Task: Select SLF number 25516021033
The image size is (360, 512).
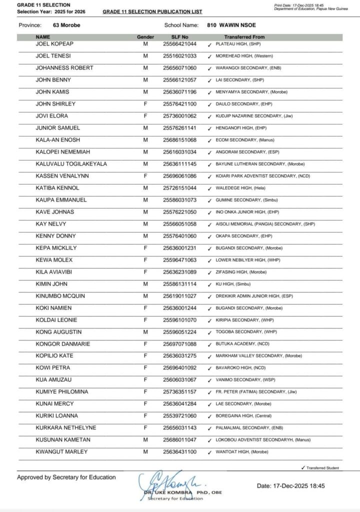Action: [x=179, y=56]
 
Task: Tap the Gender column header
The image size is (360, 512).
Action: [x=145, y=37]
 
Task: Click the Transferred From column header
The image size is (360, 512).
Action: [x=244, y=37]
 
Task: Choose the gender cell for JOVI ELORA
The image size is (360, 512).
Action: [x=145, y=116]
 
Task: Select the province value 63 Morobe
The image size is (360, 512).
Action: [x=66, y=24]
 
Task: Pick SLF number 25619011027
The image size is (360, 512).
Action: [x=179, y=296]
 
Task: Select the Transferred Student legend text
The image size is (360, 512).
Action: [x=322, y=468]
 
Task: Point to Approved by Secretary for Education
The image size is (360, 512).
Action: [x=66, y=477]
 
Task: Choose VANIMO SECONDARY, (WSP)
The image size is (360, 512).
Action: [x=244, y=380]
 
